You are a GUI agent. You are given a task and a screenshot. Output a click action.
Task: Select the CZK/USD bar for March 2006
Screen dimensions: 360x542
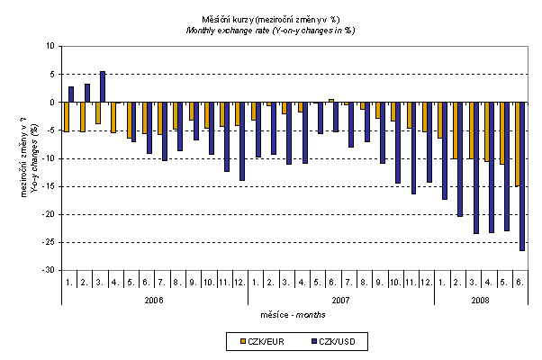tap(103, 87)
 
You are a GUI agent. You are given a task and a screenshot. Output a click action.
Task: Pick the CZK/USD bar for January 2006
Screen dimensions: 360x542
tap(71, 94)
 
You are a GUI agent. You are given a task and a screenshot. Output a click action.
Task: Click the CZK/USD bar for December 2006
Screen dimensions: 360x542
tap(242, 141)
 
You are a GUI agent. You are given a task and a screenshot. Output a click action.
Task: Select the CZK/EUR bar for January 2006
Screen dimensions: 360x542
tap(66, 117)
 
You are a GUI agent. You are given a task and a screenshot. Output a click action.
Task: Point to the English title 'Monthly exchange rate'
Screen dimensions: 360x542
tap(270, 29)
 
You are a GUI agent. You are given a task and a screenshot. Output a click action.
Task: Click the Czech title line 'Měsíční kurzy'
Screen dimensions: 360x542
tap(270, 18)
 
